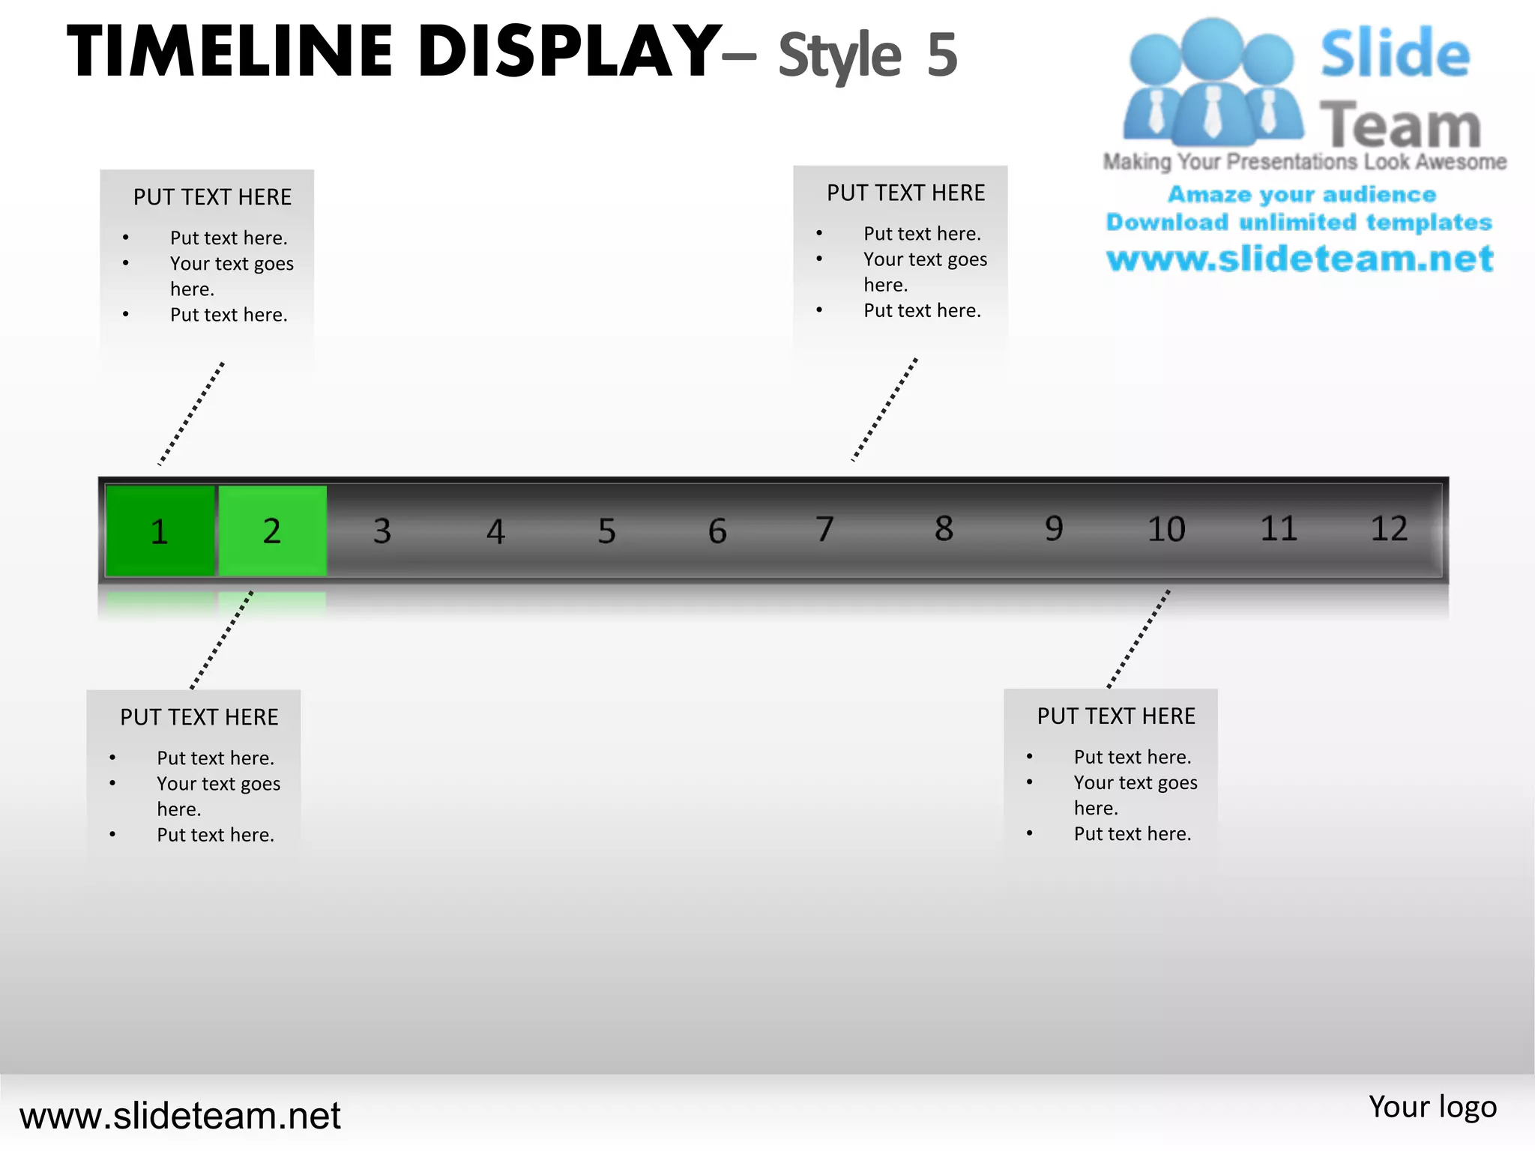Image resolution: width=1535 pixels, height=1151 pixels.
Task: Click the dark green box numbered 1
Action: click(160, 531)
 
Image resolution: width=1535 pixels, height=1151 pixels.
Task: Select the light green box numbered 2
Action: click(272, 531)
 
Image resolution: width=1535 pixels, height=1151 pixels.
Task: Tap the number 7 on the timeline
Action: click(824, 529)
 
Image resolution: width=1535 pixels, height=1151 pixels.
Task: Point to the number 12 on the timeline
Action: click(1389, 529)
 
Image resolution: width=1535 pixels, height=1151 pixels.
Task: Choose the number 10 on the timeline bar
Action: click(1166, 529)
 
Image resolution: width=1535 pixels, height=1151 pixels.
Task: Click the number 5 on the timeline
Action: click(606, 531)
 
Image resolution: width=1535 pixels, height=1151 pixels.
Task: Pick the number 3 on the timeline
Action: click(382, 531)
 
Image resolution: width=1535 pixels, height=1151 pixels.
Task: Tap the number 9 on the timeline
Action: click(1054, 529)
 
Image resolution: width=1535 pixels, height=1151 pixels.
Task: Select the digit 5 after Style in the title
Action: click(942, 55)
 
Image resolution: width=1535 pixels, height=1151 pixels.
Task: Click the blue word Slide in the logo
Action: click(1395, 54)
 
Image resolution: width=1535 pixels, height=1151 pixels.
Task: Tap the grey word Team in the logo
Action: click(1400, 125)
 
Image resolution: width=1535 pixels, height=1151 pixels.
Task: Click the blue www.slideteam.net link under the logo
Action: click(1300, 259)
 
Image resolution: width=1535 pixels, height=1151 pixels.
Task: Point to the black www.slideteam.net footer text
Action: click(180, 1116)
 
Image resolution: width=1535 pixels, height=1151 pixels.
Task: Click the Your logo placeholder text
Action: click(1432, 1107)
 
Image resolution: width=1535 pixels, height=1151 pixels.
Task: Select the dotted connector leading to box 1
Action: click(191, 414)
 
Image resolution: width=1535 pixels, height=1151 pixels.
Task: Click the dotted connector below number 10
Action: click(1138, 639)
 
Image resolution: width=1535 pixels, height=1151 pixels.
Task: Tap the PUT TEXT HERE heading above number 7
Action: click(905, 193)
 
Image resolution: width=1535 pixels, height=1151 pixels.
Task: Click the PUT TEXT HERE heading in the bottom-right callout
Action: click(1116, 716)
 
